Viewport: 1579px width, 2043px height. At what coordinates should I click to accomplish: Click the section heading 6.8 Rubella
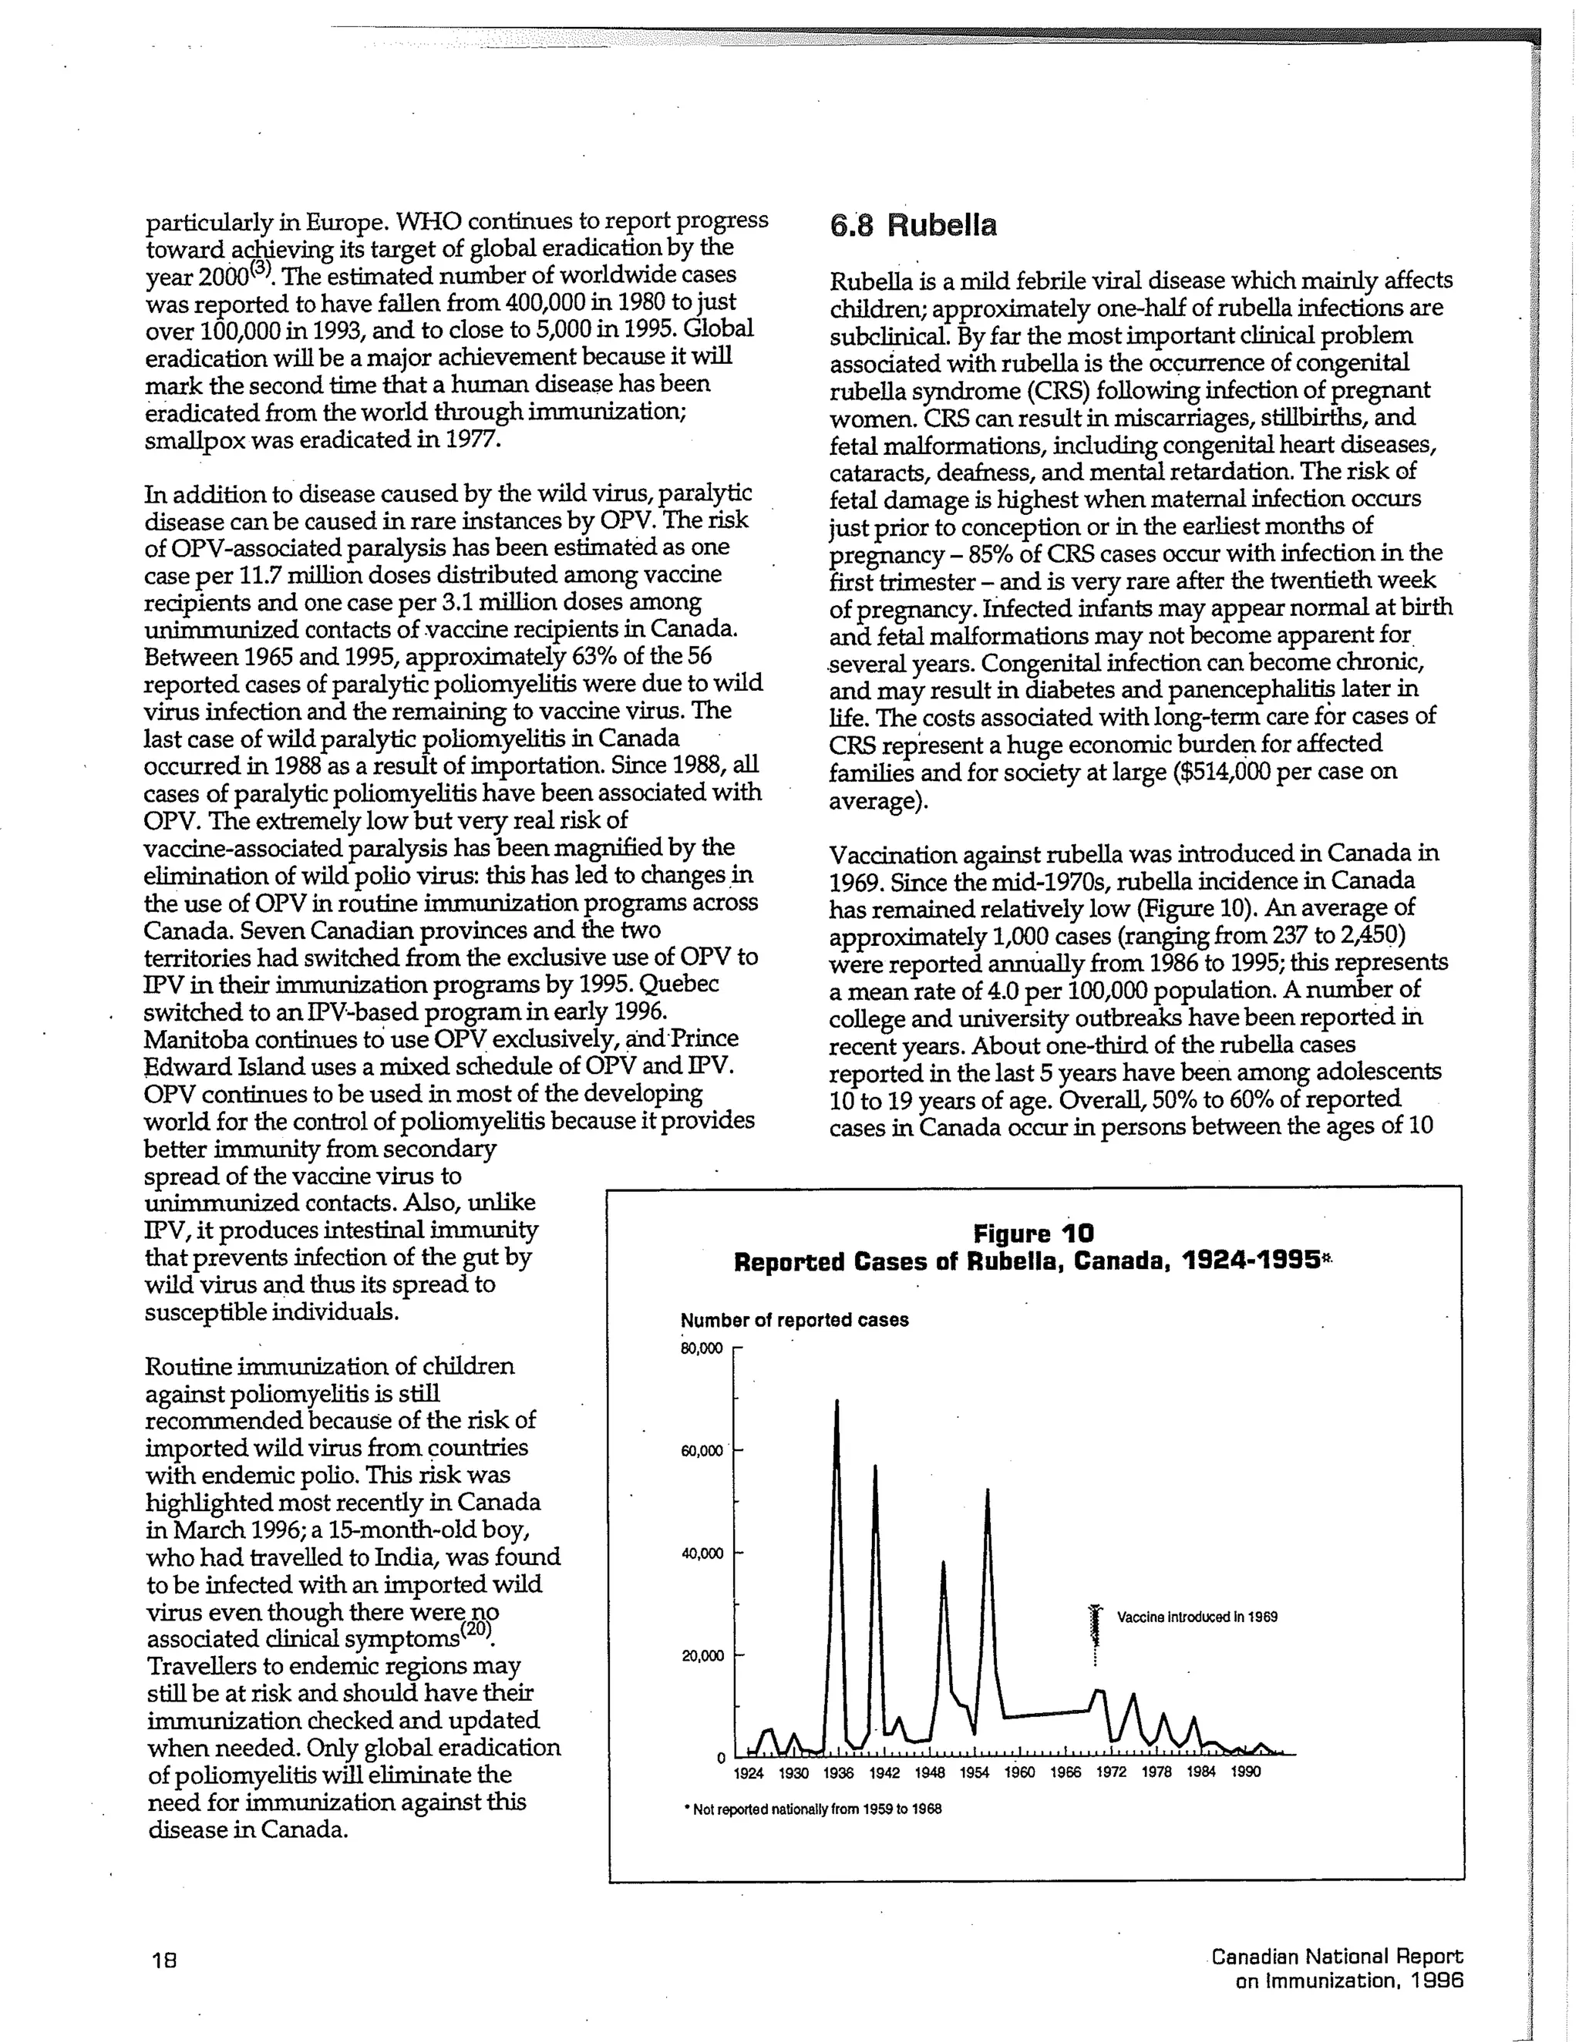(x=913, y=225)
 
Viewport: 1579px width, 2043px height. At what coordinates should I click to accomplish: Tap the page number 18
(x=165, y=1959)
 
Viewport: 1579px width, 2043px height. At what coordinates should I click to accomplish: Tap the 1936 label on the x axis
(x=838, y=1772)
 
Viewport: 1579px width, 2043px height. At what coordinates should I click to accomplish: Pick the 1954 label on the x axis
(x=974, y=1772)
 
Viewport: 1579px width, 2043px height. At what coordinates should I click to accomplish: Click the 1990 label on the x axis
(x=1245, y=1772)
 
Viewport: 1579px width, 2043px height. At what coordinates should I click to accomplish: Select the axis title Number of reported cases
(x=794, y=1320)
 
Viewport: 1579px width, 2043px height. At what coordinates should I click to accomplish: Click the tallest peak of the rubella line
(x=837, y=1402)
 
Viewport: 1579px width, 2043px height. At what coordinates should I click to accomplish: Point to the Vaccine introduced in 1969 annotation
(x=1197, y=1617)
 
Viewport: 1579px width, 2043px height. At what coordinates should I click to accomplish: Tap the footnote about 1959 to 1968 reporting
(x=812, y=1809)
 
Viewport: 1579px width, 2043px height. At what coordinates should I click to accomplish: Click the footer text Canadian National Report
(x=1337, y=1956)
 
